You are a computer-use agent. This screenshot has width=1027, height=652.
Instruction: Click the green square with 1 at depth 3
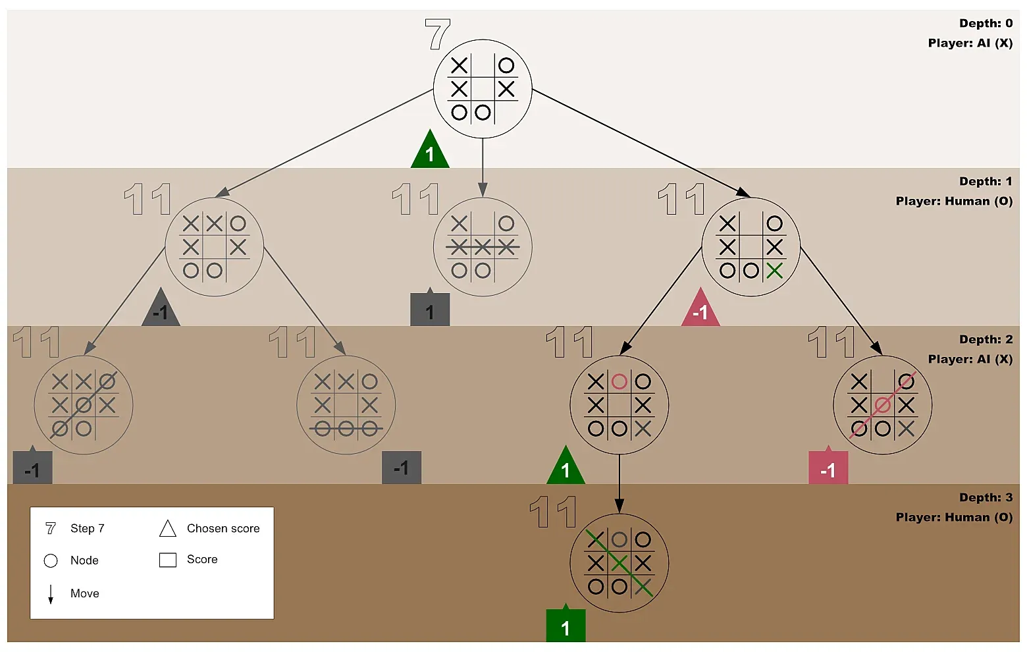(x=566, y=626)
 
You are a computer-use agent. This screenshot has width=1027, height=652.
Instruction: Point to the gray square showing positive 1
(x=430, y=310)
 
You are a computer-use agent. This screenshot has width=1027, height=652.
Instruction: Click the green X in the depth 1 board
(x=775, y=270)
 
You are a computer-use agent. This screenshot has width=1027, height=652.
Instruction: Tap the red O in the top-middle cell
(x=619, y=381)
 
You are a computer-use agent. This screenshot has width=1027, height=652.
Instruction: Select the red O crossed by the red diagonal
(x=883, y=405)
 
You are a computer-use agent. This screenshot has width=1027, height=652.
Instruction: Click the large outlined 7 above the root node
(x=437, y=34)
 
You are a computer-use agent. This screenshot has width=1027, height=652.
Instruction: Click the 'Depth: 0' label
(x=986, y=23)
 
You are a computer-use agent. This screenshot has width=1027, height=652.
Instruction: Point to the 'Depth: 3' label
(x=986, y=497)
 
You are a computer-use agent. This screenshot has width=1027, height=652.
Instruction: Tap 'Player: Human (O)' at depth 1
(x=954, y=201)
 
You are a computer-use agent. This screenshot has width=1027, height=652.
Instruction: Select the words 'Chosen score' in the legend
(x=223, y=528)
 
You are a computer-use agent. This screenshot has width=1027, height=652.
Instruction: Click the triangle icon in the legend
(x=168, y=528)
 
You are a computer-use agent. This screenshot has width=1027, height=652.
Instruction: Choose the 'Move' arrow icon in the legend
(x=51, y=593)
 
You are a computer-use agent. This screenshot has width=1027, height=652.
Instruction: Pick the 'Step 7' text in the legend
(x=87, y=528)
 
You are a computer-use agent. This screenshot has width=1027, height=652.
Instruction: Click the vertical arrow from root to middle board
(x=483, y=168)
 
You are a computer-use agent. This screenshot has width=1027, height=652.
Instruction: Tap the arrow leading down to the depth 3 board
(x=619, y=484)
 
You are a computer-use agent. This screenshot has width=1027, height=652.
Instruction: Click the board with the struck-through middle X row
(x=483, y=247)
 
